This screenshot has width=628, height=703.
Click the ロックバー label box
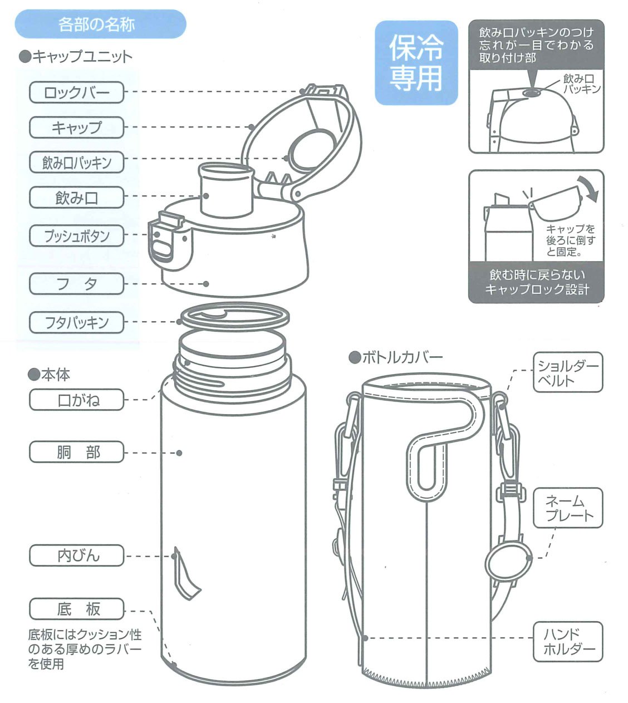76,92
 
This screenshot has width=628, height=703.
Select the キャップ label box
76,127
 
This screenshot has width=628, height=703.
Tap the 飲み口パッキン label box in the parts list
76,162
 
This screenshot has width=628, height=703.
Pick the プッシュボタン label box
76,236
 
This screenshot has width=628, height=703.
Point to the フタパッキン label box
76,322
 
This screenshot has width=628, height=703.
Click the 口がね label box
76,400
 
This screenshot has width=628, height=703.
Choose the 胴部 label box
76,452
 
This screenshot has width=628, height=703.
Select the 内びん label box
76,555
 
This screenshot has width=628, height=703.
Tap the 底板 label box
76,608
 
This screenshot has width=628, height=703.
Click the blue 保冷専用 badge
416,63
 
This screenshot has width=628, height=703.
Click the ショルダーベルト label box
567,372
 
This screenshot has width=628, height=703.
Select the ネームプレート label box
567,508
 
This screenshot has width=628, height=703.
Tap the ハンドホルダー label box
567,641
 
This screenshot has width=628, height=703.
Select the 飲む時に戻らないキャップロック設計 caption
536,282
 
